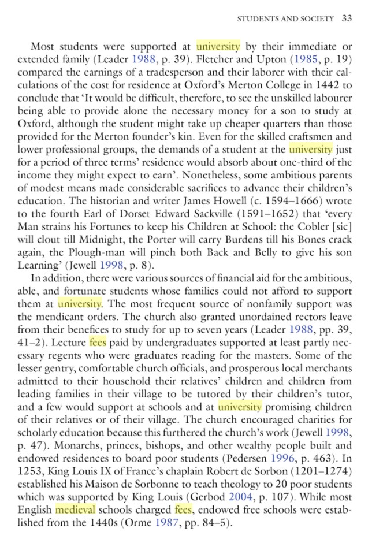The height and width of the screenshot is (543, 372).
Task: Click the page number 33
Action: [x=347, y=18]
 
